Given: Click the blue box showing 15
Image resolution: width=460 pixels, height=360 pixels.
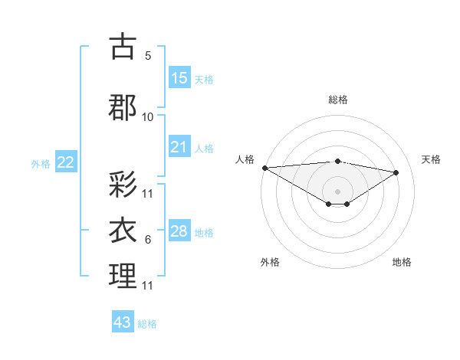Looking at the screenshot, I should (179, 77).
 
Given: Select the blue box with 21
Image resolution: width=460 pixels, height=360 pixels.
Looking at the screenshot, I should (179, 147).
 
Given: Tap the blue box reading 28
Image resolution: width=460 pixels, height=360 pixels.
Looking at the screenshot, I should (179, 231).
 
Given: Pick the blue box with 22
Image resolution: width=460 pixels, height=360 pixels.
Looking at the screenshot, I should (66, 162).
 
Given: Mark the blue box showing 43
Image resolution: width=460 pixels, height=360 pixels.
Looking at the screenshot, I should (123, 322).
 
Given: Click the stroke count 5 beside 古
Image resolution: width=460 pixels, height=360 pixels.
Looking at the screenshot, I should (148, 55).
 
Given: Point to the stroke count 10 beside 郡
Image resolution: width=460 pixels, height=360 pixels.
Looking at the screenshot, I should (148, 116).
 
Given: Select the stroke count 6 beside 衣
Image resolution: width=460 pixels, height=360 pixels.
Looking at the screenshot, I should (148, 240).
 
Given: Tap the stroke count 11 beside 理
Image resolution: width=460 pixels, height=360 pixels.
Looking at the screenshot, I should (148, 285).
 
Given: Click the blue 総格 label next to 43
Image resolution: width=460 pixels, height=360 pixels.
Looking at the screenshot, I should (147, 324).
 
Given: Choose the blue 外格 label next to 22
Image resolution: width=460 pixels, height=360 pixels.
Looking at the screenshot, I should (41, 163).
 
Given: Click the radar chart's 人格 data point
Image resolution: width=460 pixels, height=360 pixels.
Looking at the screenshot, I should (264, 168).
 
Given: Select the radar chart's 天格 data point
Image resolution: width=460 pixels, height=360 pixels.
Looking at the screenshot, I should (396, 172).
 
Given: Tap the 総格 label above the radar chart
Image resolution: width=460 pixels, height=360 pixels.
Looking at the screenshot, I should (337, 100).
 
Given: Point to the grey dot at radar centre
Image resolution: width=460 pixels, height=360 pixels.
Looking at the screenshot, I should (337, 190).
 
